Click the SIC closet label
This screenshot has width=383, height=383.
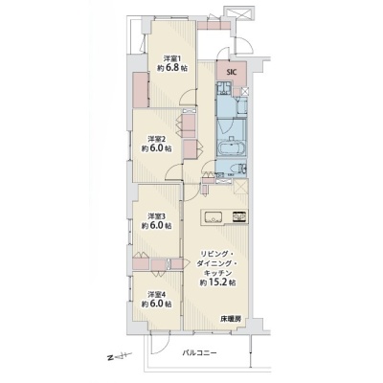pyautogui.click(x=232, y=72)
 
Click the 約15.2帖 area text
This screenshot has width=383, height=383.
pyautogui.click(x=218, y=282)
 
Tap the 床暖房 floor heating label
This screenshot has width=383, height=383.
pyautogui.click(x=230, y=319)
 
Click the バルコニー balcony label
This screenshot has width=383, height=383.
pyautogui.click(x=200, y=353)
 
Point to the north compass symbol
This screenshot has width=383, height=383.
pyautogui.click(x=120, y=356)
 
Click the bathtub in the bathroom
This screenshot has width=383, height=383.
pyautogui.click(x=232, y=147)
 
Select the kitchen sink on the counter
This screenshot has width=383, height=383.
pyautogui.click(x=213, y=217)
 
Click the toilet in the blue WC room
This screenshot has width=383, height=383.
pyautogui.click(x=241, y=169)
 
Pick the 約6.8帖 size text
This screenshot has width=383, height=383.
pyautogui.click(x=172, y=68)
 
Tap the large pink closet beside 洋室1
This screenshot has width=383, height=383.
pyautogui.click(x=141, y=90)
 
